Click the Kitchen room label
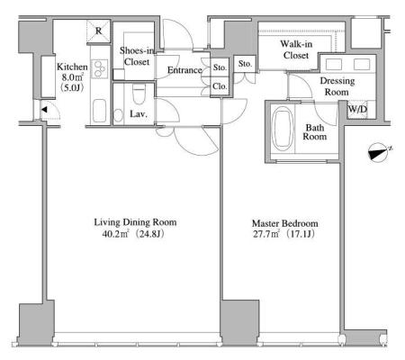(x=72, y=67)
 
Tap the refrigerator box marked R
(x=98, y=31)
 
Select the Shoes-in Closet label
(x=137, y=56)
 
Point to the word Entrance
(x=184, y=70)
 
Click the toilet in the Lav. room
(x=139, y=93)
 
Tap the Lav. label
(x=139, y=114)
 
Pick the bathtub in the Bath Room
(x=283, y=130)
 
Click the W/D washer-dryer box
(x=357, y=109)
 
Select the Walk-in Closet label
(x=296, y=49)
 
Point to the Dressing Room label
(x=337, y=86)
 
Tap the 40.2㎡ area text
(x=115, y=234)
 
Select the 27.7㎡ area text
(x=266, y=234)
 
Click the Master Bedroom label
(x=285, y=223)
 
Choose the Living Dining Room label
(x=135, y=222)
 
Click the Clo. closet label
(x=220, y=86)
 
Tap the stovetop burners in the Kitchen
(x=100, y=69)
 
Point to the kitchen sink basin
(x=99, y=111)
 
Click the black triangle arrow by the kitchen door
(x=44, y=110)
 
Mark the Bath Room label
(x=315, y=132)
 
